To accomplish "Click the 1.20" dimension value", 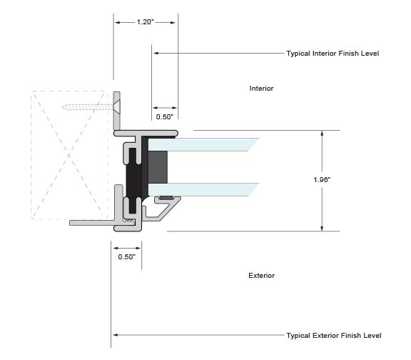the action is [145, 21].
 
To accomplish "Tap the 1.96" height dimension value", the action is [322, 180].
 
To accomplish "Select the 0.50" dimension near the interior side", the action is [165, 116].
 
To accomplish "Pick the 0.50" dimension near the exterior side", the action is [126, 256].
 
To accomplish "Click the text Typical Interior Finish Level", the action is [333, 54].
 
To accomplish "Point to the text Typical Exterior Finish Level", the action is [334, 335].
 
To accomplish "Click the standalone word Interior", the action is [261, 88].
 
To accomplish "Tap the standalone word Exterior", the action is [262, 276].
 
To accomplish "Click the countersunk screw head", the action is [117, 107].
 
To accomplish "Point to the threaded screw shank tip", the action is [63, 107].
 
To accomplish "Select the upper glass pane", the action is [203, 144].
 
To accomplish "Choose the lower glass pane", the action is [203, 189].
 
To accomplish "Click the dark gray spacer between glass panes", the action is [158, 167].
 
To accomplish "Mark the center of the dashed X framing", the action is [69, 155].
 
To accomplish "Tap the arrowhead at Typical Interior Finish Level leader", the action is [156, 54].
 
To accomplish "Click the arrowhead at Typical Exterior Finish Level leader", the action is [115, 335].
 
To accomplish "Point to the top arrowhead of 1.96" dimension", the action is [322, 133].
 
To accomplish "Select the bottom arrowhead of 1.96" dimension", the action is [322, 229].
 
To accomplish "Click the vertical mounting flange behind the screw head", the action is [116, 111].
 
